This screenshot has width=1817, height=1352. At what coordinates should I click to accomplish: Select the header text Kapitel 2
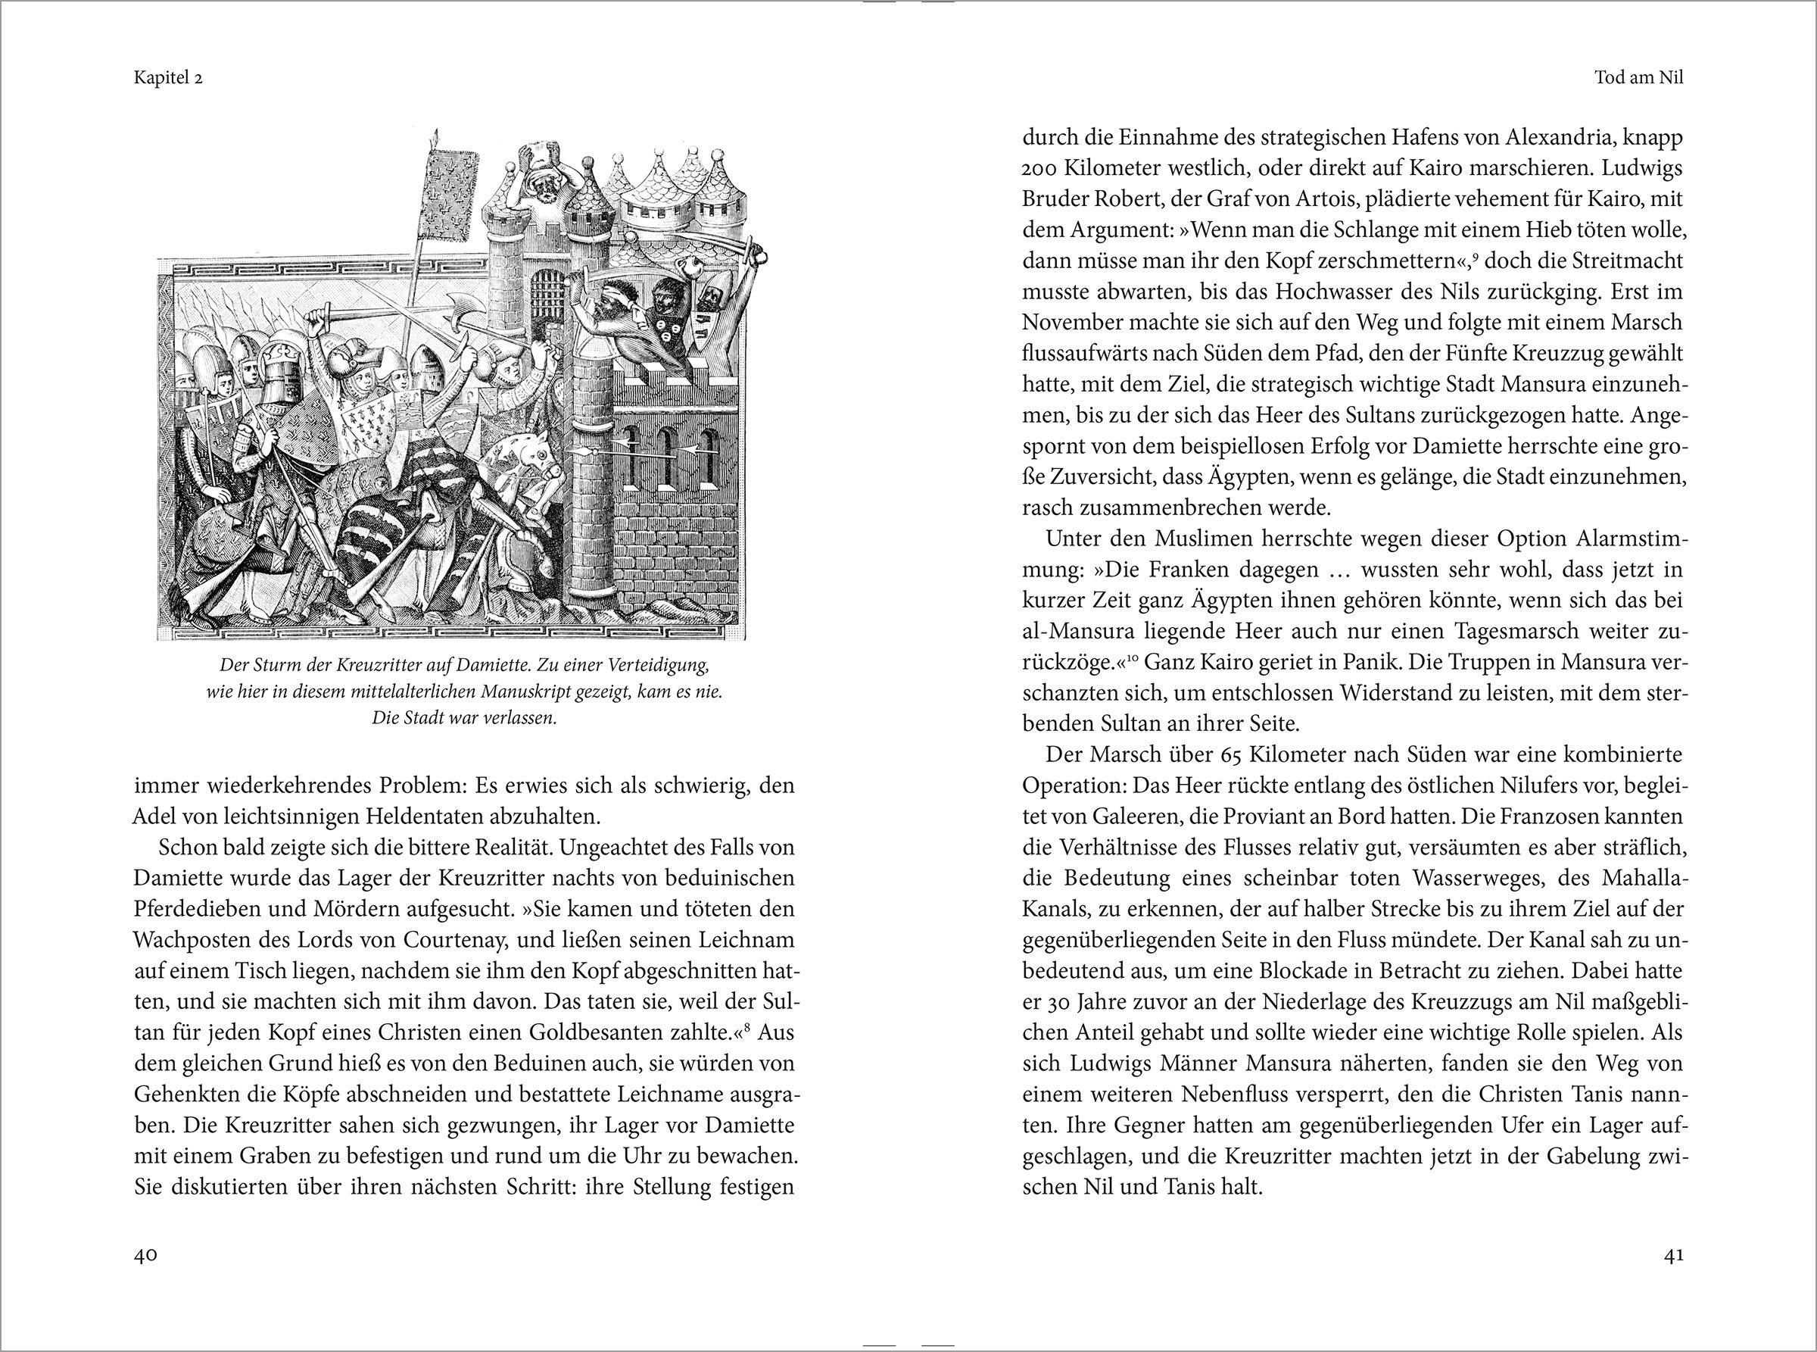pos(168,80)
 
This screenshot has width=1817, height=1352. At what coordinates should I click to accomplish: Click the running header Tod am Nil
pos(1638,80)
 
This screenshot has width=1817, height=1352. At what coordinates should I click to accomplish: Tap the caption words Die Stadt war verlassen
pos(465,719)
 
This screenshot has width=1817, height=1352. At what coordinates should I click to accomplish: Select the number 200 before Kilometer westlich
pos(1039,168)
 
